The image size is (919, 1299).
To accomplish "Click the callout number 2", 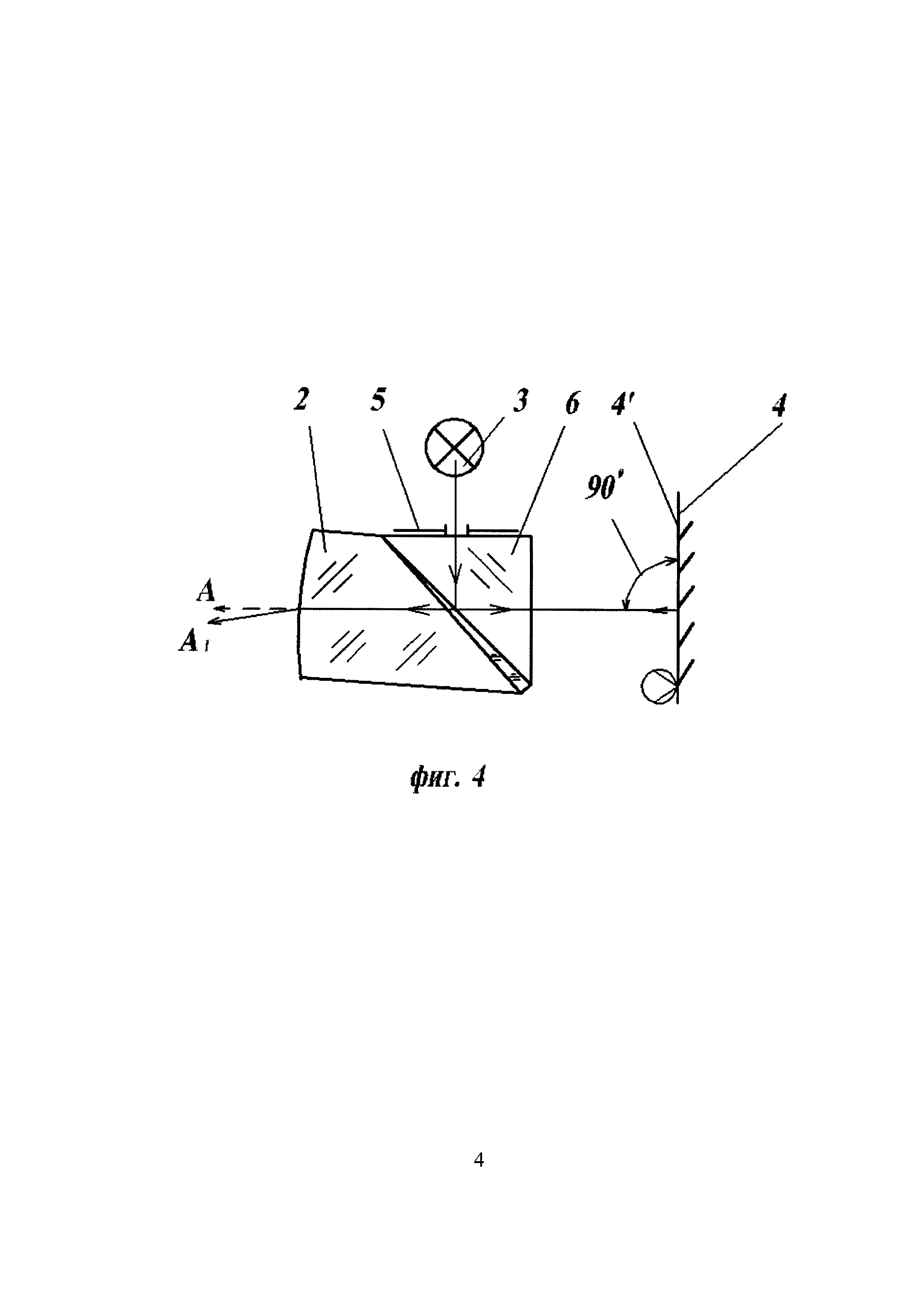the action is click(302, 400).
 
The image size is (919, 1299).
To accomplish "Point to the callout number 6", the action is click(572, 403).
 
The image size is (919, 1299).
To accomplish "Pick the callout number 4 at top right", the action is click(779, 405).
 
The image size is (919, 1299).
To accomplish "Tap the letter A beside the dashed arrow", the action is click(206, 592).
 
